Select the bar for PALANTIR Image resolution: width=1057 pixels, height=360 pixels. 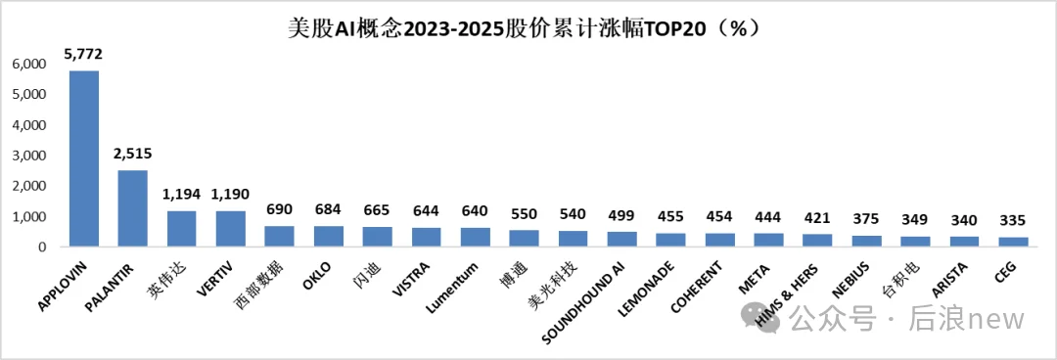click(x=132, y=208)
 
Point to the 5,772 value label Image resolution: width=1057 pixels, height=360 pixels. click(x=83, y=53)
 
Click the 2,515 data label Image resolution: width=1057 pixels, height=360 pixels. click(x=132, y=154)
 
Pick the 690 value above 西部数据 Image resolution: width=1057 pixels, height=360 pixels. click(x=279, y=209)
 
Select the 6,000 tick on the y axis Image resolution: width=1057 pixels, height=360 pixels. click(x=28, y=65)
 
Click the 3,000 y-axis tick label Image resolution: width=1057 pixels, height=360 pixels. click(x=28, y=157)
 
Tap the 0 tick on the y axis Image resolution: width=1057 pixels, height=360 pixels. click(x=42, y=247)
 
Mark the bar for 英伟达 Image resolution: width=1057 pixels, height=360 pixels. click(x=181, y=229)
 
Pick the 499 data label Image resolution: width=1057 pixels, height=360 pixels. click(x=621, y=215)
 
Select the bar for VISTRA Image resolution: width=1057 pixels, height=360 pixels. click(x=426, y=237)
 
